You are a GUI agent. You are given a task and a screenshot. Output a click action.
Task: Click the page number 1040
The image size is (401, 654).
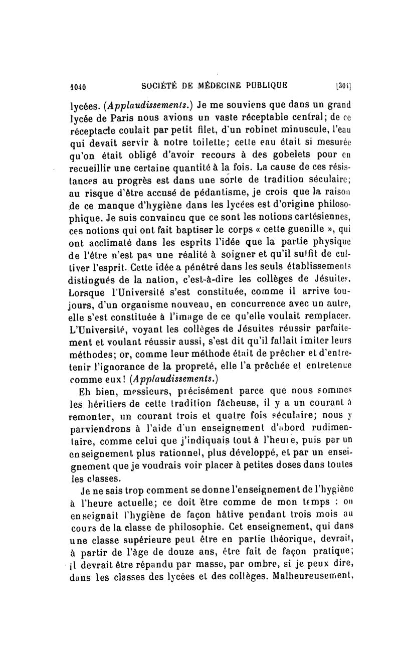click(78, 86)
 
